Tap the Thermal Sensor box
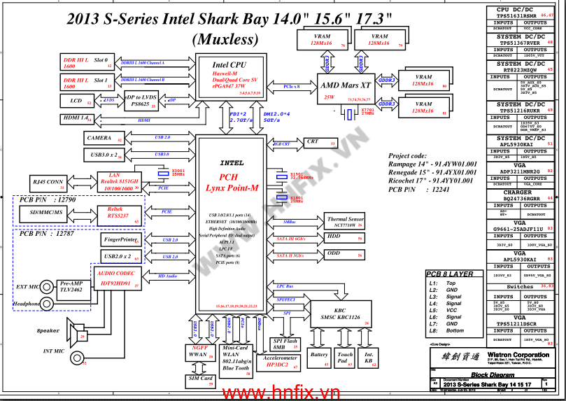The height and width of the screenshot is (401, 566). click(x=345, y=222)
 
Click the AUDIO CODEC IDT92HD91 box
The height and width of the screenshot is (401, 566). click(x=115, y=279)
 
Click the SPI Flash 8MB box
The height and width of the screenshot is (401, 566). click(x=285, y=344)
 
